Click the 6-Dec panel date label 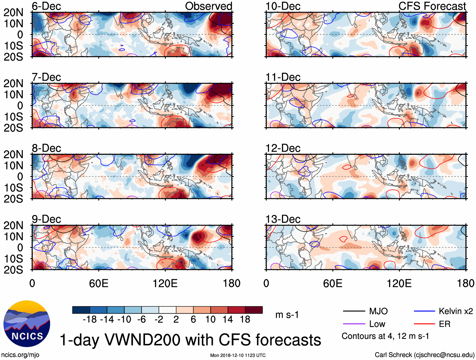pyautogui.click(x=46, y=6)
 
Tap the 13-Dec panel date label pyautogui.click(x=283, y=219)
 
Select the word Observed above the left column pyautogui.click(x=208, y=6)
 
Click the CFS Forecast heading pyautogui.click(x=432, y=6)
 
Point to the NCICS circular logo pyautogui.click(x=27, y=324)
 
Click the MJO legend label pyautogui.click(x=378, y=311)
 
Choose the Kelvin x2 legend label pyautogui.click(x=456, y=311)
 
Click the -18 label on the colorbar pyautogui.click(x=90, y=320)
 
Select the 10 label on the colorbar pyautogui.click(x=210, y=320)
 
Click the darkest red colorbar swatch pyautogui.click(x=254, y=310)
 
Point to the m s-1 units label pyautogui.click(x=287, y=315)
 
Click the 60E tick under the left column pyautogui.click(x=99, y=283)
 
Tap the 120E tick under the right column pyautogui.click(x=399, y=283)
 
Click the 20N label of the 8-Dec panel pyautogui.click(x=13, y=154)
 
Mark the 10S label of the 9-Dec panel pyautogui.click(x=13, y=259)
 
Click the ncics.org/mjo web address pyautogui.click(x=20, y=355)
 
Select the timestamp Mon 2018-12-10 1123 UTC pyautogui.click(x=238, y=356)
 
